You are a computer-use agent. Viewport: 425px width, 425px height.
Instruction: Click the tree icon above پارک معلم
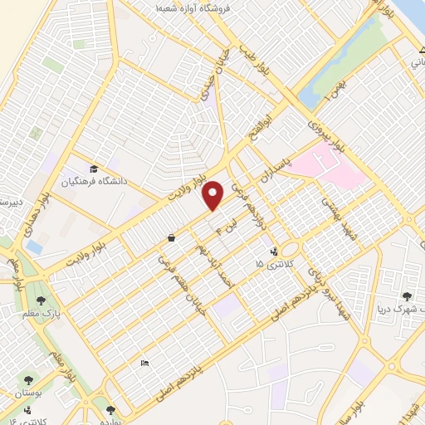coord(41,300)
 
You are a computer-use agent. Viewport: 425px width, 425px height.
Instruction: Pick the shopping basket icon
coord(170,238)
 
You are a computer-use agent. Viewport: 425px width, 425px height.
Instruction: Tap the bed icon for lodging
coord(144,363)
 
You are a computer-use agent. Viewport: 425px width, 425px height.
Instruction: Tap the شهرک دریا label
coord(399,308)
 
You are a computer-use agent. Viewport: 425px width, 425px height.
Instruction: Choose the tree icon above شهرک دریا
coord(407,296)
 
